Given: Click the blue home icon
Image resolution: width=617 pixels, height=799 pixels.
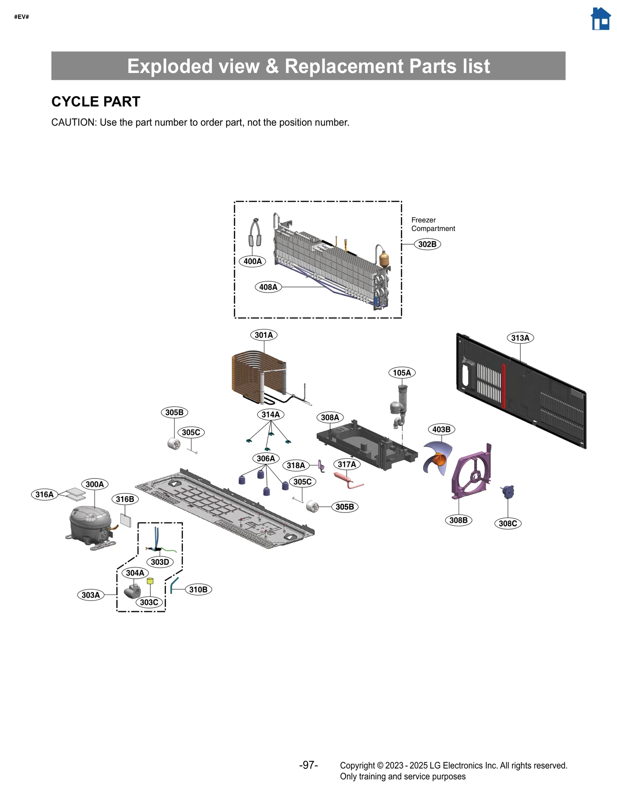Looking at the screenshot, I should tap(600, 19).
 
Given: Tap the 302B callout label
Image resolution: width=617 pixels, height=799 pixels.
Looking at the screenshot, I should tap(427, 244).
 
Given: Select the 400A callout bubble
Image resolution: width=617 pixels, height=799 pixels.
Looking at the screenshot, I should tap(253, 261).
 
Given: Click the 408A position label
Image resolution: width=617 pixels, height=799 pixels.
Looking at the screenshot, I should tap(268, 287).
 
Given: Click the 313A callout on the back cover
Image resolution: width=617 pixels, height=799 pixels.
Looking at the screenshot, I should tap(520, 338).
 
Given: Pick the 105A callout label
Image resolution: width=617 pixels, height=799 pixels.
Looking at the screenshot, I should tap(402, 373).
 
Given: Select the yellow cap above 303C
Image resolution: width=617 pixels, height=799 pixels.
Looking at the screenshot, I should tap(150, 581).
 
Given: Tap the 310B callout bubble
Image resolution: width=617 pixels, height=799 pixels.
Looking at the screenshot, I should tap(199, 590).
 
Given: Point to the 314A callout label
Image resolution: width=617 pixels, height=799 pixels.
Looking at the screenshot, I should tap(271, 415).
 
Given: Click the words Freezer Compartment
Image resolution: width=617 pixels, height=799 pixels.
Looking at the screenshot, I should tap(433, 224).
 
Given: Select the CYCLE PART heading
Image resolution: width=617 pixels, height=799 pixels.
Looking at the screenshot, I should tap(96, 101).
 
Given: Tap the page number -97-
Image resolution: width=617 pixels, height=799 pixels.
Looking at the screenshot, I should tap(308, 765).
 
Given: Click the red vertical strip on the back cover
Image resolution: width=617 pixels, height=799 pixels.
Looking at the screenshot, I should tap(504, 386).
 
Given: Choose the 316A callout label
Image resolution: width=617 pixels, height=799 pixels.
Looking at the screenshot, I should tap(45, 495).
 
